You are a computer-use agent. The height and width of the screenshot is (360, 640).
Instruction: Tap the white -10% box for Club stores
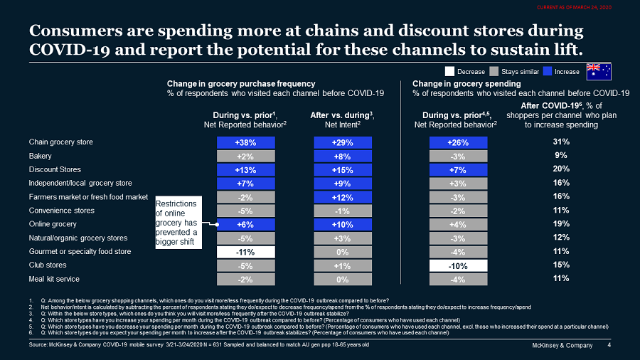click(x=458, y=265)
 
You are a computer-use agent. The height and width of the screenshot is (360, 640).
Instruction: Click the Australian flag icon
click(x=597, y=71)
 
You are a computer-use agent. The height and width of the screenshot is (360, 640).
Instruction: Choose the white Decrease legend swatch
click(x=449, y=71)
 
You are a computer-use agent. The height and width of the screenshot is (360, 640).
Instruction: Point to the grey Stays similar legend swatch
click(x=493, y=71)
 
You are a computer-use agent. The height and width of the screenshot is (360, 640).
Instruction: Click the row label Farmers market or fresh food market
click(x=88, y=197)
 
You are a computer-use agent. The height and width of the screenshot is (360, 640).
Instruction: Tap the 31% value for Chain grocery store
click(x=561, y=142)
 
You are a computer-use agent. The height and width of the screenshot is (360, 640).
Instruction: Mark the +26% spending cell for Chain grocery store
click(x=458, y=142)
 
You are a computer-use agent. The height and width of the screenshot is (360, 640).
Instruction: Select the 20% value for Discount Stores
click(x=561, y=169)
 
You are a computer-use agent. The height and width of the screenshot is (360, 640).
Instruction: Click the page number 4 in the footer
click(x=609, y=346)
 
